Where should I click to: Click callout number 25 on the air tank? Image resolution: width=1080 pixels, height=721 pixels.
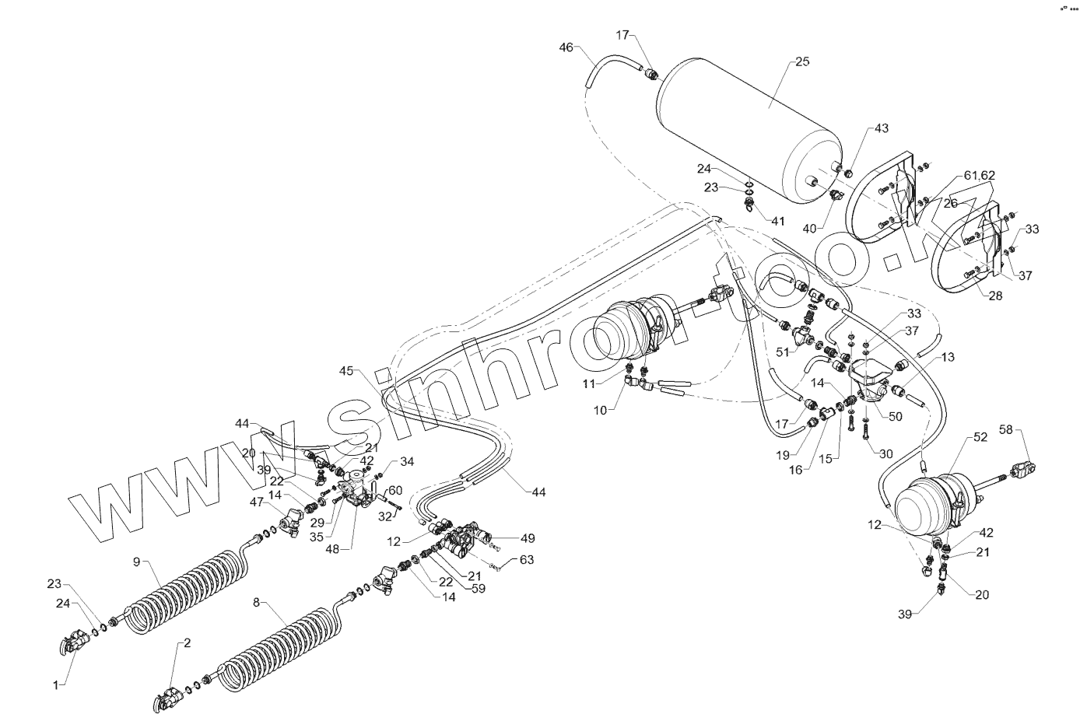(802, 61)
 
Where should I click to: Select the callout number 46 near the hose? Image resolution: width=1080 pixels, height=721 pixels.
(566, 48)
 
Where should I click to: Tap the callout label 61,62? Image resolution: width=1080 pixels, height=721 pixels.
(980, 176)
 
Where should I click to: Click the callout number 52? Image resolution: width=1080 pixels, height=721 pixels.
(980, 437)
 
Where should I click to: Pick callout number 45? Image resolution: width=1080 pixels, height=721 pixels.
(346, 371)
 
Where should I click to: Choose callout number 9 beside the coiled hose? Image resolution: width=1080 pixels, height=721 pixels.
(136, 561)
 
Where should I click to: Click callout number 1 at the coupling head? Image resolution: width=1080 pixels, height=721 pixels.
(56, 684)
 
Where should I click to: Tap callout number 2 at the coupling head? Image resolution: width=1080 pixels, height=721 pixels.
(186, 643)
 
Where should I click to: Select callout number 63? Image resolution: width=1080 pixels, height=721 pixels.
(527, 558)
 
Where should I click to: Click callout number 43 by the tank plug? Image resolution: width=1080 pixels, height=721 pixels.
(881, 128)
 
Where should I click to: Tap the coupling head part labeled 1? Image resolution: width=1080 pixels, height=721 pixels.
(74, 642)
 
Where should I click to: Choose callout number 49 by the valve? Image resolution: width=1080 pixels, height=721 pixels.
(528, 537)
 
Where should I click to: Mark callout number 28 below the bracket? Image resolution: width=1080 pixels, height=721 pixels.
(995, 296)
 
